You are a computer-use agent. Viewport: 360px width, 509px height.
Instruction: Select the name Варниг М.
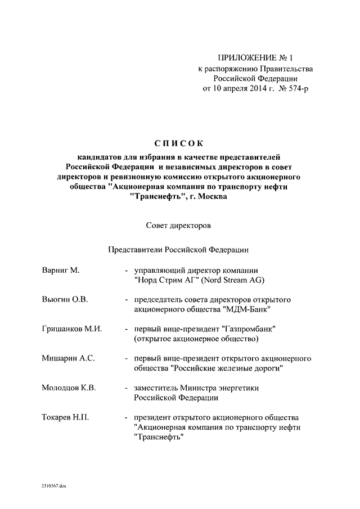61,271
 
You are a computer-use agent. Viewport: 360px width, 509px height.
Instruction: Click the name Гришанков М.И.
71,329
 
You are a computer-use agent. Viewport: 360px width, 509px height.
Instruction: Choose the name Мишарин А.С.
67,358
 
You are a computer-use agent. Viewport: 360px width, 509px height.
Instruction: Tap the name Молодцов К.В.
69,388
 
